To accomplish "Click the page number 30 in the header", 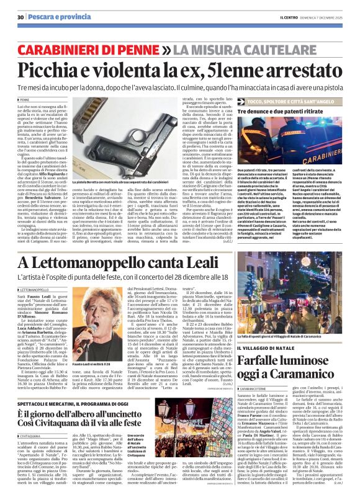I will [x=20, y=17].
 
